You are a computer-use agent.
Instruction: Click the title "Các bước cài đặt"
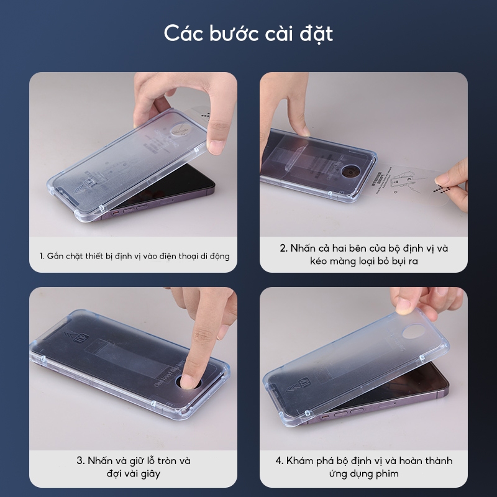248,34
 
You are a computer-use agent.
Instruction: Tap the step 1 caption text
134,255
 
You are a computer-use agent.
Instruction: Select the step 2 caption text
363,254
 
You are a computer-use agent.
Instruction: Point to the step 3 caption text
134,467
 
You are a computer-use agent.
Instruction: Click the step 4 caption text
363,467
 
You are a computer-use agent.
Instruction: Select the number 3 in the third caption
80,461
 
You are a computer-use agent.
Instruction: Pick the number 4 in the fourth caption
279,461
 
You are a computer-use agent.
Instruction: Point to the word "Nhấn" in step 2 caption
303,248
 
